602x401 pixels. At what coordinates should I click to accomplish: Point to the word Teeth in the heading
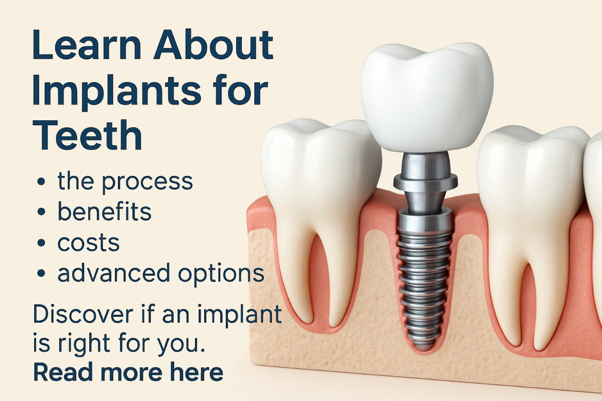(87, 134)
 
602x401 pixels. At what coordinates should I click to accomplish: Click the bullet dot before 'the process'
(41, 182)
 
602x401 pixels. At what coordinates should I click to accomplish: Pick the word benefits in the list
(104, 212)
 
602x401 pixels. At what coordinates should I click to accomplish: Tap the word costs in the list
(88, 243)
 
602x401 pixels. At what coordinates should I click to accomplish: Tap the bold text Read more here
(128, 371)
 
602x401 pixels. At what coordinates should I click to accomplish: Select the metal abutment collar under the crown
(425, 182)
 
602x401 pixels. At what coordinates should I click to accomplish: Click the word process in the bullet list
(147, 182)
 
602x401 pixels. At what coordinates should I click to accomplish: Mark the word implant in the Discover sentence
(240, 315)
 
